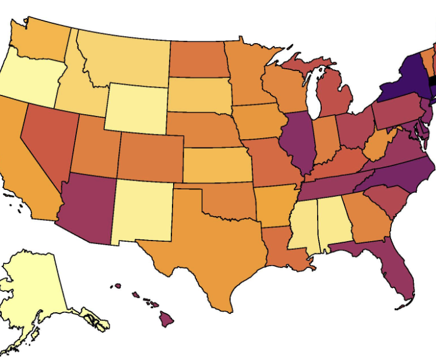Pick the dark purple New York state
(405, 79)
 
